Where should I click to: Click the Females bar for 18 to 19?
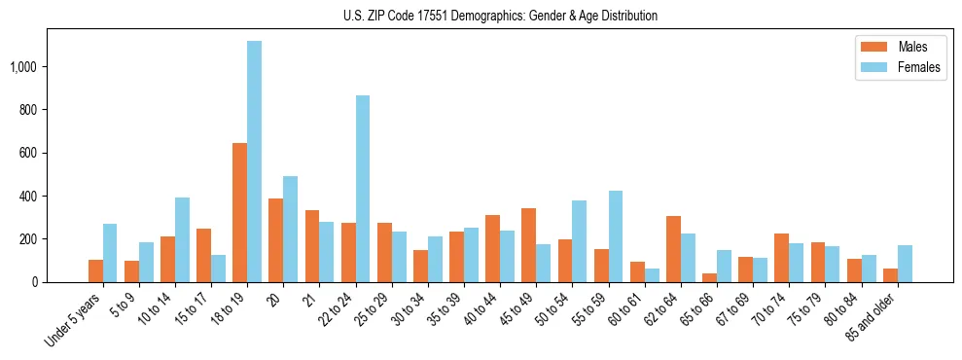pos(254,162)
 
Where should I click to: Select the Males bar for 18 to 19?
pos(239,212)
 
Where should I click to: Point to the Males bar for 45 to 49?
pos(528,245)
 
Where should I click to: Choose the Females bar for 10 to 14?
pos(182,239)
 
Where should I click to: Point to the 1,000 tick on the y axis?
pos(24,67)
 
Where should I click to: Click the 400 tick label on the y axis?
pos(29,197)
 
